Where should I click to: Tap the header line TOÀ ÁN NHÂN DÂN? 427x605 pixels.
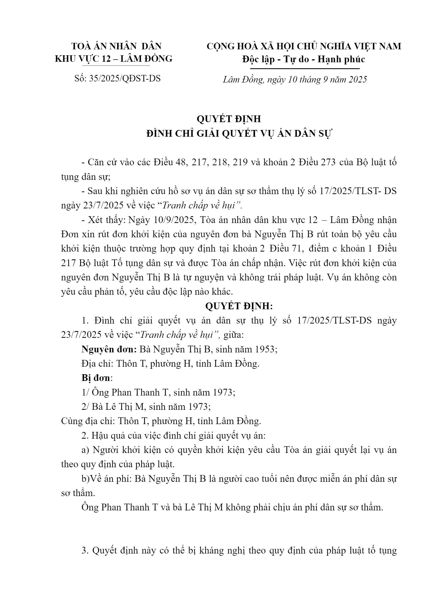[x=116, y=46]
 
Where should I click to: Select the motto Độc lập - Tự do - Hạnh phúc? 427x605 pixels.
[x=303, y=59]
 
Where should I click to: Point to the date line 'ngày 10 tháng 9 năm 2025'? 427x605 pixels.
[x=316, y=80]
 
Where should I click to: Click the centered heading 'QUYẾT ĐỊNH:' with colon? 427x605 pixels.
[x=239, y=306]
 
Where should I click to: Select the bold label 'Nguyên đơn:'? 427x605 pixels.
[x=109, y=349]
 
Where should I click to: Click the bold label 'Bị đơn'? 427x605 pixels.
[x=96, y=378]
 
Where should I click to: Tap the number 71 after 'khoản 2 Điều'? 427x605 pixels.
[x=296, y=249]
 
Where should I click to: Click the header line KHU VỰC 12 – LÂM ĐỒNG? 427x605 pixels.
[x=114, y=59]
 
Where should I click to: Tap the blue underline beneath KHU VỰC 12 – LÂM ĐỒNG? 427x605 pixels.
[x=116, y=66]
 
